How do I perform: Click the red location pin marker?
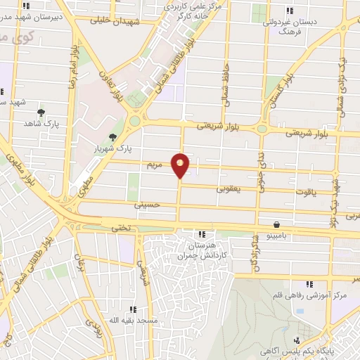[181, 165]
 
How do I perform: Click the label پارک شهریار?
[112, 149]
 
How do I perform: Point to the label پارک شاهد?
[39, 123]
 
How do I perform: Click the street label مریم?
[154, 165]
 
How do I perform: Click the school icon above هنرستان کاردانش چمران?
[202, 234]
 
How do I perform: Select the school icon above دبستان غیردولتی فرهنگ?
[289, 10]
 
